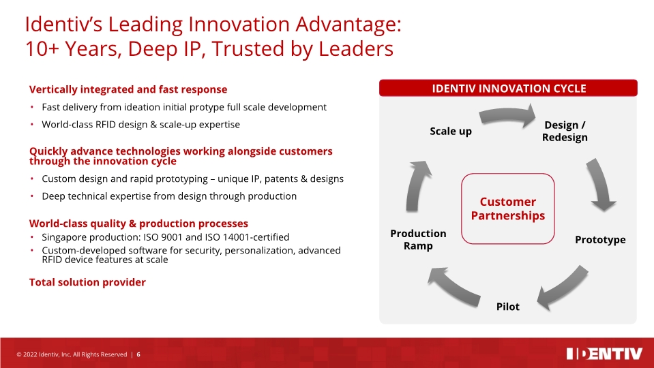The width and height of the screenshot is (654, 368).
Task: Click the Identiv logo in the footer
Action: [x=604, y=354]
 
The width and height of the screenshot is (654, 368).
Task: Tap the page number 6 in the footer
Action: [x=139, y=354]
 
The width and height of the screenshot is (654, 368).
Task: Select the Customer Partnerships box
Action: [x=507, y=209]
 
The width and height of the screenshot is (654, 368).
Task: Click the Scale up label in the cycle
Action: [x=450, y=131]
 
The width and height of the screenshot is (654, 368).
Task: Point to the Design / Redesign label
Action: [x=564, y=131]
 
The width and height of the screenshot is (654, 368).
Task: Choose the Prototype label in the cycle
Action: [x=599, y=240]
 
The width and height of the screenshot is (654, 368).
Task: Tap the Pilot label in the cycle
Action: [x=507, y=307]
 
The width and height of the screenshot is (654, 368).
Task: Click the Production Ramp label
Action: [x=418, y=239]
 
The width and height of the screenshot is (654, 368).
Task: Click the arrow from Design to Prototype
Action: [x=600, y=184]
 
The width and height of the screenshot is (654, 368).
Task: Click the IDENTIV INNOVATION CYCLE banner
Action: [x=508, y=88]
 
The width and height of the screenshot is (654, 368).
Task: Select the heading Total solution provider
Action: [x=87, y=282]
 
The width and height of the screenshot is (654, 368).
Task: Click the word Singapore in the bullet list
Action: [x=65, y=237]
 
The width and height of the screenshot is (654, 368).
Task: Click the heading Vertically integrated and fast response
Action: [x=128, y=89]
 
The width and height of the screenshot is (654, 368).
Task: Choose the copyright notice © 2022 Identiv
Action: [x=72, y=354]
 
